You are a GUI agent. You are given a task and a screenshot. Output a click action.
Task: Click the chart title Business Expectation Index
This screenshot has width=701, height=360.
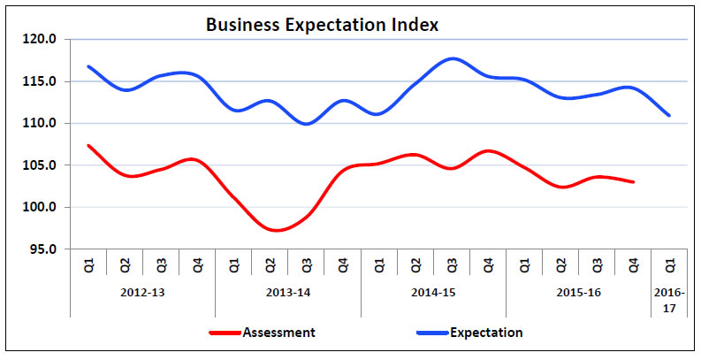322,24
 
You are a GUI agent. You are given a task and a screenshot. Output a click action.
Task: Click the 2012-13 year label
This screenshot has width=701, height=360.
142,291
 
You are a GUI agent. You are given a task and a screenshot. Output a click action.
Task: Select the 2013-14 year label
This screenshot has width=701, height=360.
288,291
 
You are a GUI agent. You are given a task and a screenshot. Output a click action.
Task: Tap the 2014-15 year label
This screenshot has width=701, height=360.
433,291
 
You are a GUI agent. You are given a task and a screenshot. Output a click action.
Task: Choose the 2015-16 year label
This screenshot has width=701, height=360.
578,291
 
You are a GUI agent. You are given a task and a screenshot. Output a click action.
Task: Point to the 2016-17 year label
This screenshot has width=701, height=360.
669,297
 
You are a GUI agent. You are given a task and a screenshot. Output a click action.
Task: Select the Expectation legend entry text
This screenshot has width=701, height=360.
486,333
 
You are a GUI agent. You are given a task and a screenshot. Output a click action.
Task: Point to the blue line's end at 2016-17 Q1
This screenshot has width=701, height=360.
669,115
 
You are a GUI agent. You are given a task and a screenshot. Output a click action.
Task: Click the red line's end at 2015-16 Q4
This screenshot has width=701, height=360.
633,181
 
